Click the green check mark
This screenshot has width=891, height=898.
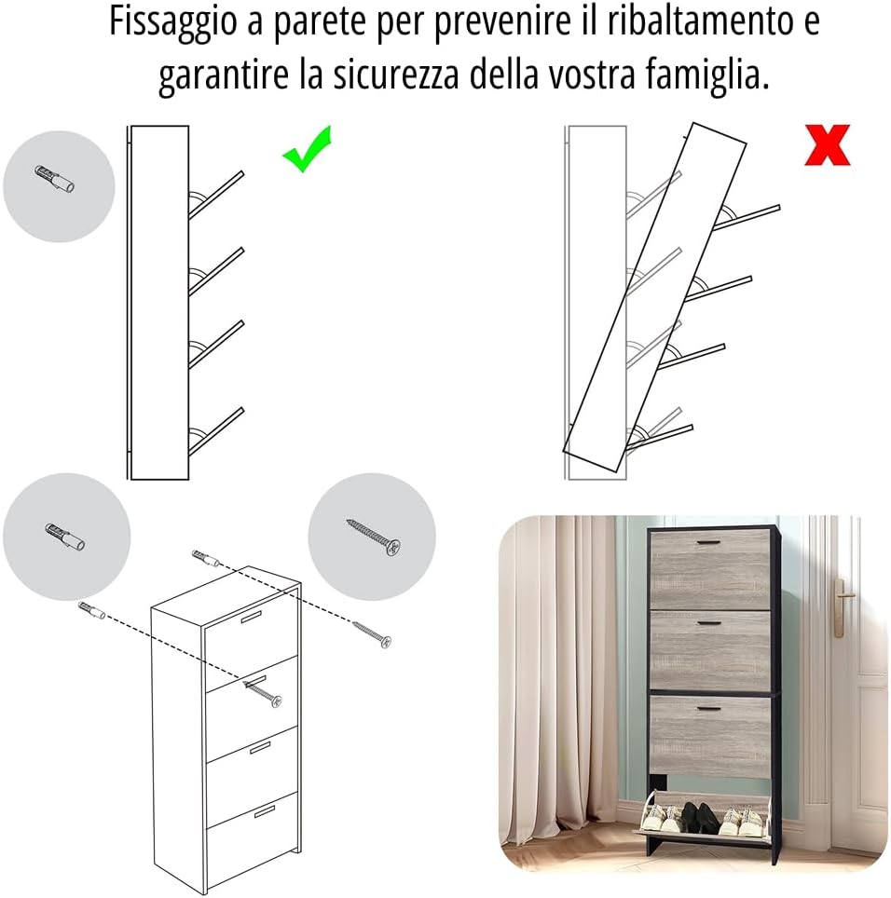point(308,150)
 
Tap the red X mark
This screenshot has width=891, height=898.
point(828,145)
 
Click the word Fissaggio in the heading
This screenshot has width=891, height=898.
point(172,21)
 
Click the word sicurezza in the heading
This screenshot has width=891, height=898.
point(396,75)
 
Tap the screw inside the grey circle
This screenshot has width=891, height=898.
point(373,537)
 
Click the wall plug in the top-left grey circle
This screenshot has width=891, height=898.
point(55,179)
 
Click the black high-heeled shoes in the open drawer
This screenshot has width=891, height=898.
point(700,817)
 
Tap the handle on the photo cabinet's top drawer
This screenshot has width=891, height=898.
point(709,542)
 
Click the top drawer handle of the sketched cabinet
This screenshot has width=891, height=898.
point(251,617)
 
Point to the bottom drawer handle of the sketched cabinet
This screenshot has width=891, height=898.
point(265,811)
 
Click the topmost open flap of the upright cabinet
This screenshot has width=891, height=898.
point(216,195)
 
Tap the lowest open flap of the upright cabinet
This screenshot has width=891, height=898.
point(216,431)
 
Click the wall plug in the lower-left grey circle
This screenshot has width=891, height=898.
point(64,537)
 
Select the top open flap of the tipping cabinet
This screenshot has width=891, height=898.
point(746,218)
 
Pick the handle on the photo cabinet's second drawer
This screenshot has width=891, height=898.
point(709,623)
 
